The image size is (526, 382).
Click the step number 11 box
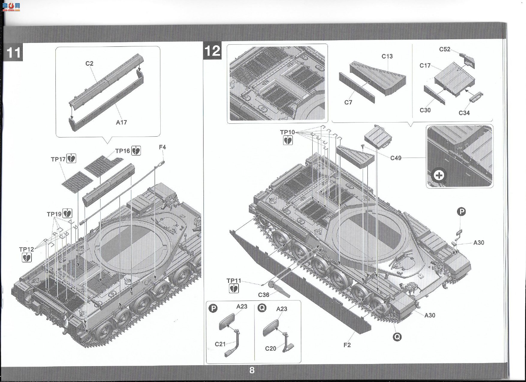point(14,52)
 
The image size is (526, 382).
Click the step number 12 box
point(212,51)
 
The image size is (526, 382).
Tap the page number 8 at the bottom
point(252,370)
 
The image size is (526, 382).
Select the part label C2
point(89,63)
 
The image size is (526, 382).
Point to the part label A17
point(121,122)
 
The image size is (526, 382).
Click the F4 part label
point(162,147)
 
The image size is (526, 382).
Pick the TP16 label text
point(123,151)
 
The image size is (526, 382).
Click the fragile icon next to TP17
point(71,158)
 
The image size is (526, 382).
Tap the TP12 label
point(27,249)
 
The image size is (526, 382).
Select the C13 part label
point(387,56)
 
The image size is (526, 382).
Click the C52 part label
point(445,49)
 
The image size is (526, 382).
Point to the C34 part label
point(464,113)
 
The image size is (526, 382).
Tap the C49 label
point(396,158)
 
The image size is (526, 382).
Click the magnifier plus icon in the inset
point(439,175)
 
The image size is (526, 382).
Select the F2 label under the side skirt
point(347,345)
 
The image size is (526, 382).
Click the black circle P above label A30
point(462,212)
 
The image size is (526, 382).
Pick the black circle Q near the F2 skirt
point(397,337)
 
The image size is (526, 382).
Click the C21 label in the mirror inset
point(220,344)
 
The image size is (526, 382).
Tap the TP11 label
point(234,281)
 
